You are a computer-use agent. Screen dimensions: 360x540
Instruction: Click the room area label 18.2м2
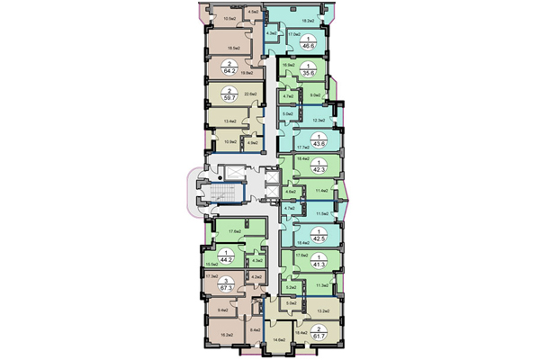306,20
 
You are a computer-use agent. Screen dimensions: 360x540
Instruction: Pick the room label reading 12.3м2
317,120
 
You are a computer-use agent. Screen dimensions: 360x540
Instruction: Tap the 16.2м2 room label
226,334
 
